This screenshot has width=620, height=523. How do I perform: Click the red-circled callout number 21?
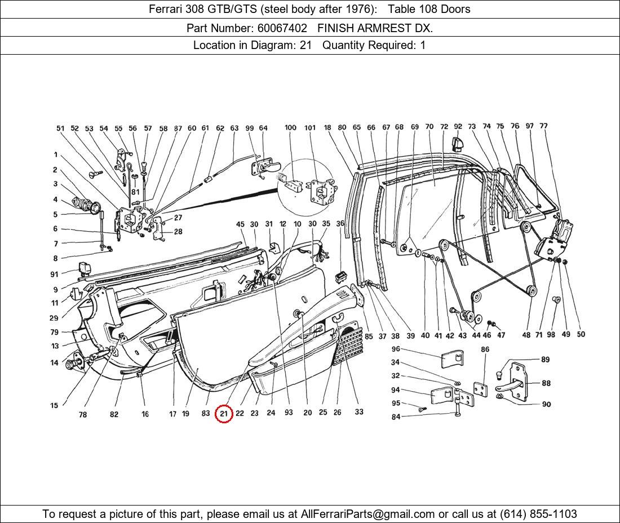[224, 413]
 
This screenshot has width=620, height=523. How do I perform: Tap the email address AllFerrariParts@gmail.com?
[368, 513]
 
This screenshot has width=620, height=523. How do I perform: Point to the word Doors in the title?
[455, 9]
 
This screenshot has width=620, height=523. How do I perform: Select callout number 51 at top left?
[60, 128]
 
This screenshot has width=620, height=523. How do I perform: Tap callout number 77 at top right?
[543, 126]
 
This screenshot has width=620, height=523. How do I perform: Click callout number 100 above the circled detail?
[290, 128]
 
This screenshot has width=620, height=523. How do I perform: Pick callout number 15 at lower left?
[54, 405]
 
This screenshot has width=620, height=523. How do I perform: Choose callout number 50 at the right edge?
[581, 334]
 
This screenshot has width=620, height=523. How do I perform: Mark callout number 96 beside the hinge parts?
[396, 349]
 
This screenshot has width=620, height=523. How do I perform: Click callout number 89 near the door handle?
[545, 360]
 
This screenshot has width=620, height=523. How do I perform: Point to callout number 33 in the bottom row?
[359, 412]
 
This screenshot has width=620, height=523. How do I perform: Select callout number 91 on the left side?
[54, 274]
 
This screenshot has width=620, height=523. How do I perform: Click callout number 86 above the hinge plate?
[485, 349]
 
